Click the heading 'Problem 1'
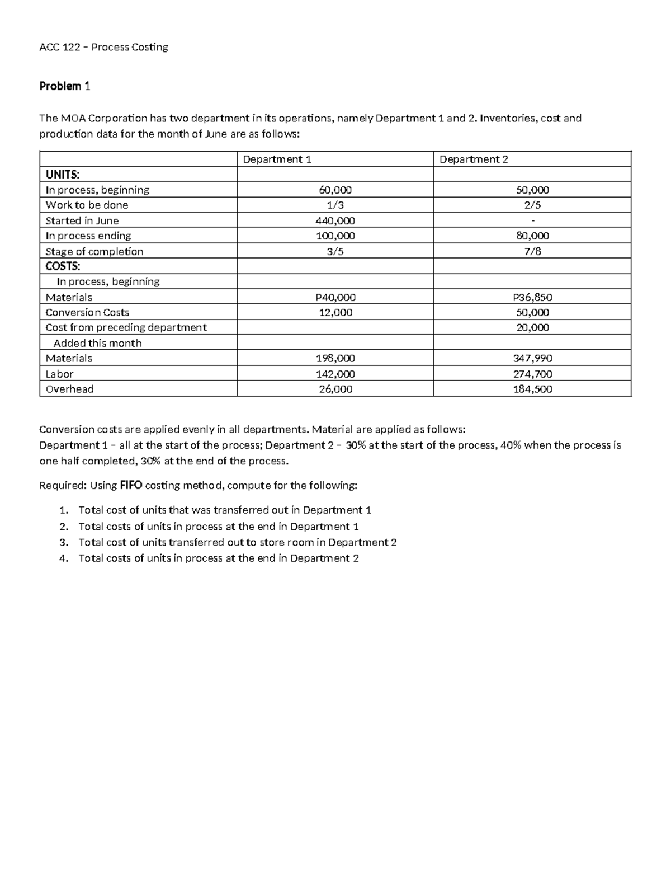tap(64, 86)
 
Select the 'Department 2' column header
tap(474, 159)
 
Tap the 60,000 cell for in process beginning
tap(335, 190)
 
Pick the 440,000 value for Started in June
tap(335, 221)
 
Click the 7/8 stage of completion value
tap(532, 252)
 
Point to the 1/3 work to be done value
tap(335, 205)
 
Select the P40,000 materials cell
tap(335, 298)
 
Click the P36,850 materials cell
tap(532, 298)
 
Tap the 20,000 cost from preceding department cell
tap(532, 328)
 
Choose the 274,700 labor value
tap(532, 374)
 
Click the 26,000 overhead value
tap(335, 389)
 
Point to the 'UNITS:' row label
tap(63, 175)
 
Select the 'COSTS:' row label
tap(63, 266)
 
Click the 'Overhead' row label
tap(69, 389)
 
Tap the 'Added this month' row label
tap(97, 344)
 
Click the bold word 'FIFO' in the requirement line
tap(131, 486)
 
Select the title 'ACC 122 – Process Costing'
tap(103, 48)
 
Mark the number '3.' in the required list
tap(64, 542)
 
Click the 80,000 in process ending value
tap(532, 236)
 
